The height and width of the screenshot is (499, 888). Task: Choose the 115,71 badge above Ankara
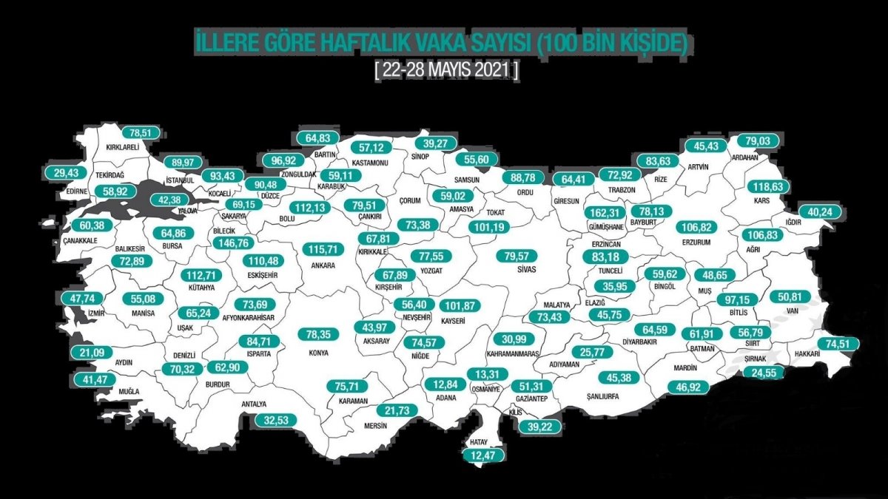tap(324, 251)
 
